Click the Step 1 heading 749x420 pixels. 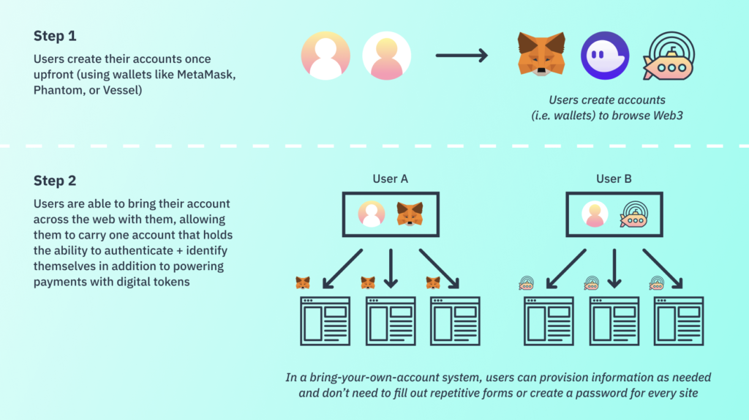coord(54,36)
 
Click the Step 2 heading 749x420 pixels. coord(55,181)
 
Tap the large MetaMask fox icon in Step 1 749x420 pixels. coord(541,54)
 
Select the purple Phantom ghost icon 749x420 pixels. coord(605,56)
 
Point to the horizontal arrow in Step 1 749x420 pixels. coord(461,56)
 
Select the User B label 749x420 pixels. coord(614,179)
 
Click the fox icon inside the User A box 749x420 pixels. coord(410,214)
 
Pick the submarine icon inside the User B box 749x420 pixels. coord(633,214)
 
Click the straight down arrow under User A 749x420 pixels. coord(391,268)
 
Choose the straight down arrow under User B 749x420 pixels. coord(614,268)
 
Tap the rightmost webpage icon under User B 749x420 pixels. coord(679,320)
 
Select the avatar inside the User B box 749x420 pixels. coord(595,214)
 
